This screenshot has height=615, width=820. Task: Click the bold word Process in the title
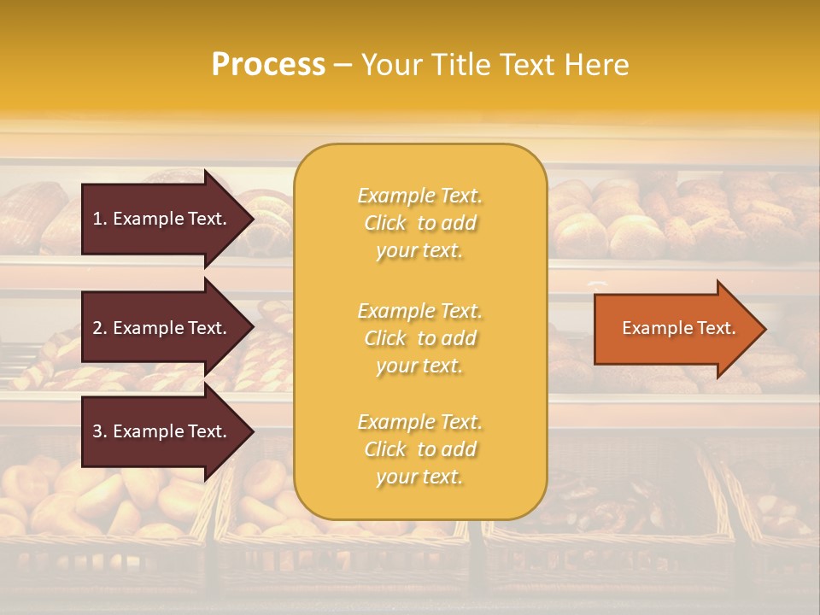(x=268, y=65)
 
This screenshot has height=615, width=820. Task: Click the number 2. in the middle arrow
(x=100, y=328)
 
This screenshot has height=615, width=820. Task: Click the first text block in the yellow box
(x=419, y=223)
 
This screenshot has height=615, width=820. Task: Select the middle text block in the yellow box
(x=419, y=338)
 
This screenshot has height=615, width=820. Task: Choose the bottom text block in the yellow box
(x=419, y=449)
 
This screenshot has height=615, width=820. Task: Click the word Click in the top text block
(x=385, y=224)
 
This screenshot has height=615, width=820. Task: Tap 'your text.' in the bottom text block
(x=419, y=477)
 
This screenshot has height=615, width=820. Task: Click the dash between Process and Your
(x=343, y=66)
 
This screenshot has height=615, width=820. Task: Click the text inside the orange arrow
(x=679, y=329)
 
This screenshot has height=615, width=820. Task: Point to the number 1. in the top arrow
(x=100, y=219)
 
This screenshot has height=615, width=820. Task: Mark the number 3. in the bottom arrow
(x=100, y=432)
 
